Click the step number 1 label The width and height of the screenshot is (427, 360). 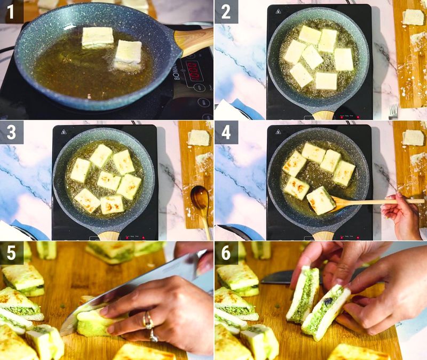pos(11,12)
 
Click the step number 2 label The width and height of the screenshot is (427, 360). pos(226,12)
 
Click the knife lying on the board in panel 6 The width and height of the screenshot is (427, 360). pos(278,276)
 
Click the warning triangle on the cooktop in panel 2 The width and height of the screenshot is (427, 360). pos(278,11)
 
